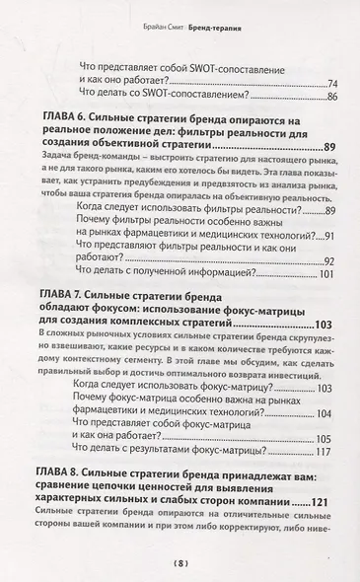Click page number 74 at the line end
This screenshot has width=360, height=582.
(x=332, y=83)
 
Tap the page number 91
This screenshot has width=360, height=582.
(x=332, y=235)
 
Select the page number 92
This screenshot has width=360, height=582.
(x=332, y=260)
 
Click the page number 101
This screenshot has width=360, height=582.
(x=330, y=273)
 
